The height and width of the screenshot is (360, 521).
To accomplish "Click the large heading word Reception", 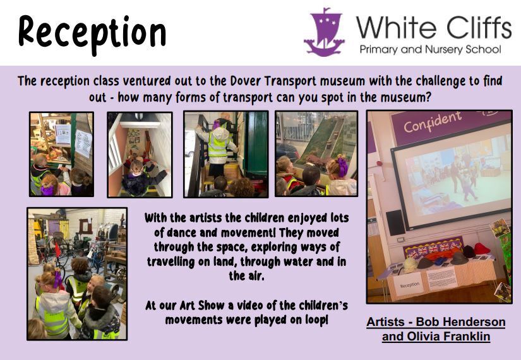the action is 92,34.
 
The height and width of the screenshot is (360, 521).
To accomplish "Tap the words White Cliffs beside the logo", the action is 434,27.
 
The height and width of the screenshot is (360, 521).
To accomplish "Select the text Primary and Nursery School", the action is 430,49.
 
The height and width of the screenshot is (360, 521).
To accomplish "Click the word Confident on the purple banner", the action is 433,122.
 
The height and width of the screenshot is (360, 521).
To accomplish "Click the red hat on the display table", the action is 482,248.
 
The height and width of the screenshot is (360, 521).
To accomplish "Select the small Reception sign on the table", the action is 409,285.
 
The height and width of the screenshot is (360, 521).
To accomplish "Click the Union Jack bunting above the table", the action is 433,247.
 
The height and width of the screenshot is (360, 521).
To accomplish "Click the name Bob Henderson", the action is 460,321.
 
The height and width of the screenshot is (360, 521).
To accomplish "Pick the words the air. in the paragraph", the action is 246,276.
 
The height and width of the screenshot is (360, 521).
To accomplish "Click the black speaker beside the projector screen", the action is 395,222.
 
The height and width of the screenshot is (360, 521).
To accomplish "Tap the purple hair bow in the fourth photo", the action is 342,167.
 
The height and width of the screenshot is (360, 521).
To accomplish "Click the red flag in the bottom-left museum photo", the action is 57,249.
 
